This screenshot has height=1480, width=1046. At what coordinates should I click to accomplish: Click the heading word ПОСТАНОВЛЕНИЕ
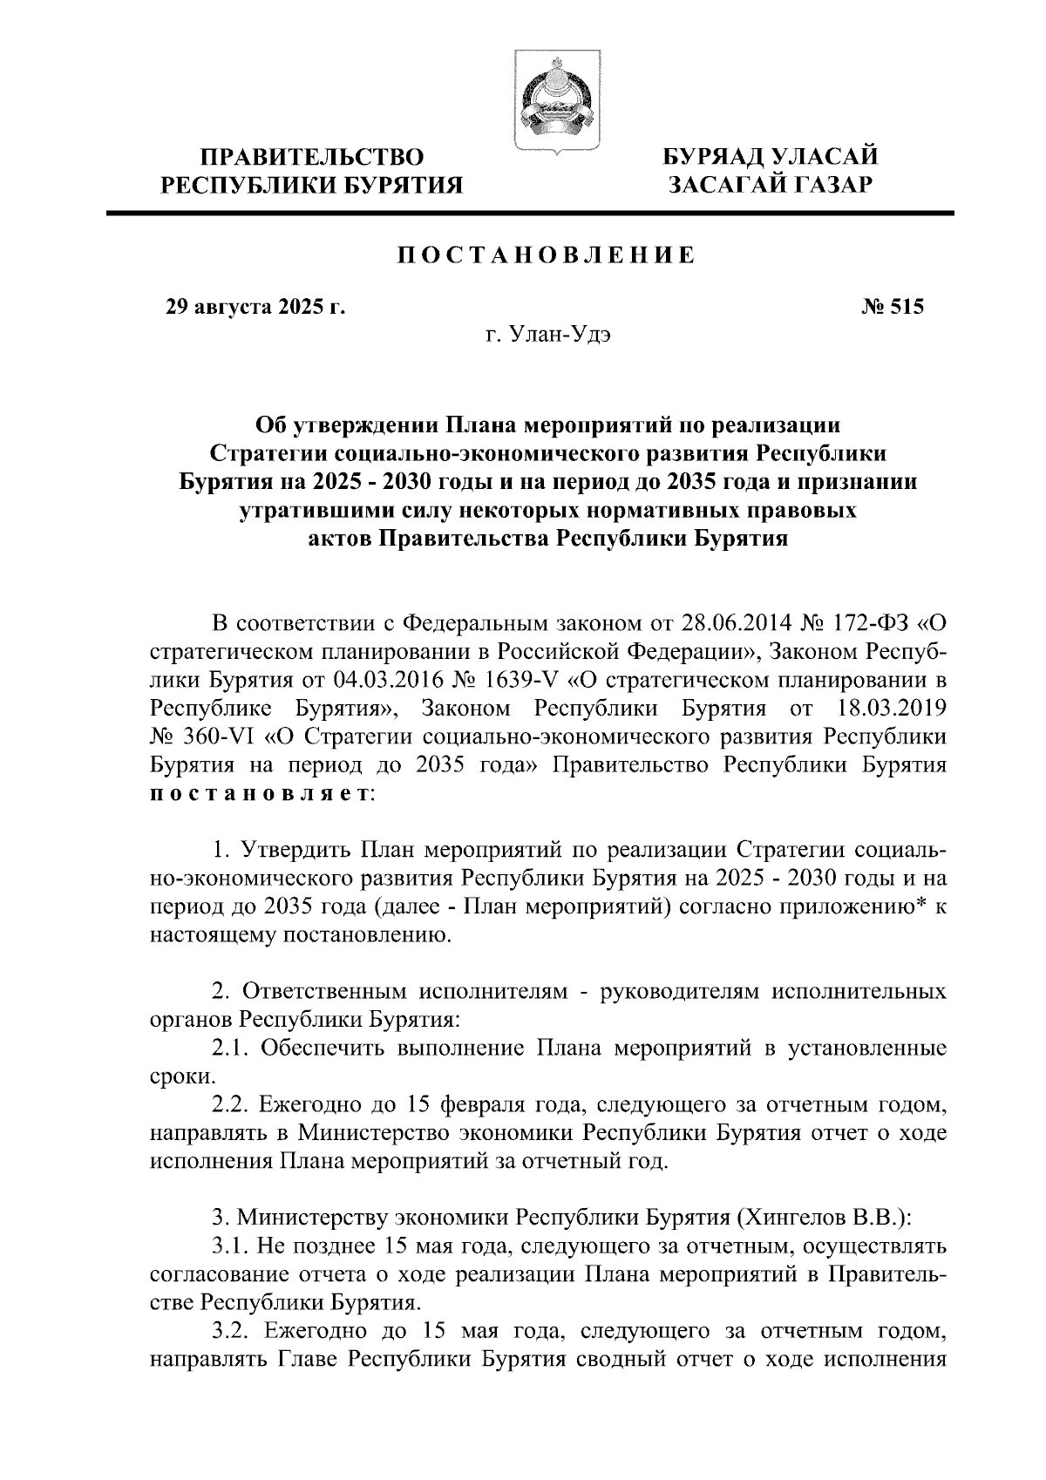(x=547, y=255)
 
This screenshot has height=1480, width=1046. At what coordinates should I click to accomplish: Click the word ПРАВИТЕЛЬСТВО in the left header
(x=313, y=157)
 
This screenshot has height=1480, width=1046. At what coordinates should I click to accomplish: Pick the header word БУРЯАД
(x=716, y=157)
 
